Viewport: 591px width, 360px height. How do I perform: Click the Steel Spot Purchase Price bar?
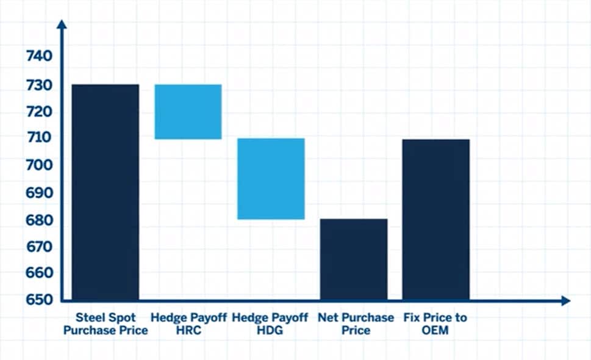pyautogui.click(x=106, y=192)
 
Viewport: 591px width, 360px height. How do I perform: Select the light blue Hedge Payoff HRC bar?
pyautogui.click(x=188, y=112)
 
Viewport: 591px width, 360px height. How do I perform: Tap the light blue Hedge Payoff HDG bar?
pyautogui.click(x=271, y=179)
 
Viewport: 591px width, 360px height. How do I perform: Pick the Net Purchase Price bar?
pyautogui.click(x=354, y=259)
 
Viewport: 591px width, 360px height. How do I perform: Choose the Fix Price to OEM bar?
pyautogui.click(x=436, y=220)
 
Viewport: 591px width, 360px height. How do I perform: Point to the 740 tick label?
pyautogui.click(x=39, y=57)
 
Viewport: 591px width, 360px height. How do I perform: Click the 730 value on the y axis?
pyautogui.click(x=39, y=85)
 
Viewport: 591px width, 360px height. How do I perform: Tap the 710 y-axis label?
pyautogui.click(x=39, y=138)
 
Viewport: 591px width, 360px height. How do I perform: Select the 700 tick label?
pyautogui.click(x=39, y=165)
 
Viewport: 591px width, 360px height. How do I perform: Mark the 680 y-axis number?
pyautogui.click(x=39, y=220)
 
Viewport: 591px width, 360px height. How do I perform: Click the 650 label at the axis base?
pyautogui.click(x=39, y=300)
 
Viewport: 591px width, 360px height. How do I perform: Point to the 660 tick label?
pyautogui.click(x=39, y=273)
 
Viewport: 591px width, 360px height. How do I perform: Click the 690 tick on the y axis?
pyautogui.click(x=39, y=193)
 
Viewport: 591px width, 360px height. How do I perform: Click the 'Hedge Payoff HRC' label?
pyautogui.click(x=188, y=324)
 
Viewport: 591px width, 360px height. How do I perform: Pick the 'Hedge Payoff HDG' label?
pyautogui.click(x=271, y=324)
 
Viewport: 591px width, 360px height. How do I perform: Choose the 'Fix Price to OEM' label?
pyautogui.click(x=435, y=324)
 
